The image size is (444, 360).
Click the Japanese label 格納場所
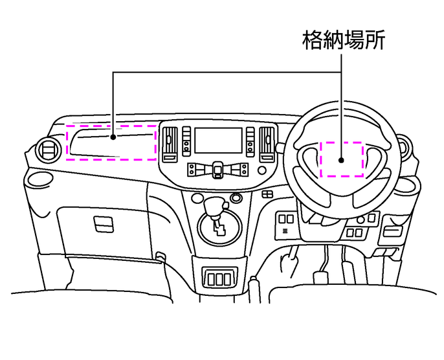[344, 41]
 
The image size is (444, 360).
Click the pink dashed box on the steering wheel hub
[342, 159]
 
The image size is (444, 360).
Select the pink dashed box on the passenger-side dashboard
[111, 142]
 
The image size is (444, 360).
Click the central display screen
[219, 141]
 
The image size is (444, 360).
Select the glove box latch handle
[103, 223]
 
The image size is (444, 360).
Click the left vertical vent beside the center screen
[172, 142]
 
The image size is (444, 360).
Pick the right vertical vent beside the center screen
[265, 142]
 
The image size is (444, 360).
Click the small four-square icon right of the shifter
[266, 195]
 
